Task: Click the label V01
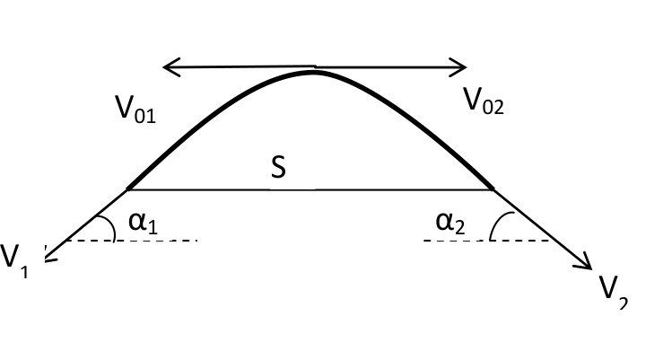135,110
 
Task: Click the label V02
484,101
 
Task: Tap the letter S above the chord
278,167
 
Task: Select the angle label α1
144,224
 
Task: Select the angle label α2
450,224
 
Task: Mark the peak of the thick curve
314,72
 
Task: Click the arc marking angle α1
111,225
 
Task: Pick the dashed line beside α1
132,241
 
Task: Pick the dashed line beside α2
486,241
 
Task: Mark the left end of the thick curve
128,189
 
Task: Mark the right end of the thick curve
493,188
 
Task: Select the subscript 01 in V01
144,117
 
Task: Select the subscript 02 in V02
493,107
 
